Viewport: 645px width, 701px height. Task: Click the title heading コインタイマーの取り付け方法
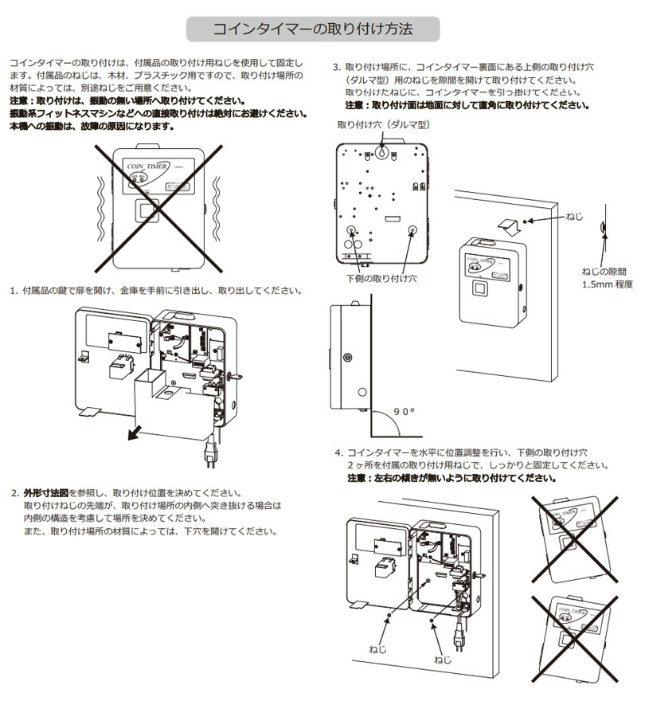(312, 30)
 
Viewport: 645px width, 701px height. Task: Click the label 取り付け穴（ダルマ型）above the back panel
(384, 125)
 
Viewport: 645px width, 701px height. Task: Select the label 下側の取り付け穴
(381, 279)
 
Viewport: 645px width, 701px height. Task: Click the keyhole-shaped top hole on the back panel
(382, 152)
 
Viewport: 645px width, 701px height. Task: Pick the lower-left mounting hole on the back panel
(351, 229)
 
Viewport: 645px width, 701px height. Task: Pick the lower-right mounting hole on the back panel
(412, 229)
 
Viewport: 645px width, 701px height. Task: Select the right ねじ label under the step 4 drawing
(443, 660)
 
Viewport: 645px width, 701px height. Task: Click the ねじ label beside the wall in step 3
(573, 217)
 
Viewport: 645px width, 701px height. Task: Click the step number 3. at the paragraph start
(337, 67)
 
